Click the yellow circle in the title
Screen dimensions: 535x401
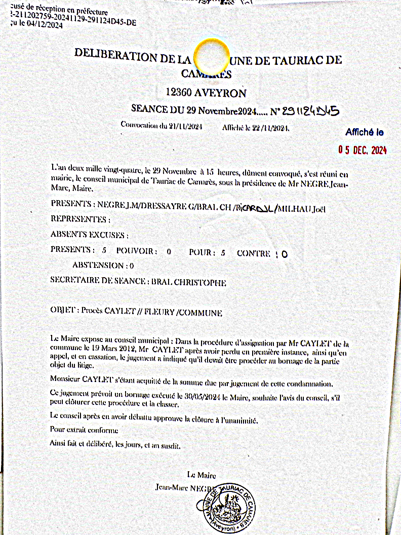point(208,58)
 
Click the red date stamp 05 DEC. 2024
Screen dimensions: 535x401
point(363,150)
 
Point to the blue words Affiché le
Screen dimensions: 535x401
point(365,133)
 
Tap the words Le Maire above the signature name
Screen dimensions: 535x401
point(202,475)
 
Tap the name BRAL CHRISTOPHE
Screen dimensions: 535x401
point(189,283)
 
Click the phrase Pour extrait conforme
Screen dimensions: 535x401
point(84,430)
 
